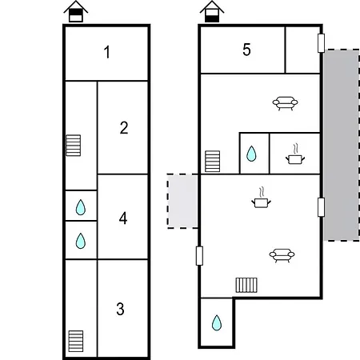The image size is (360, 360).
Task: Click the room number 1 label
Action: click(x=106, y=54)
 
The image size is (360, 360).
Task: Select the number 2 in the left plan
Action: click(x=124, y=127)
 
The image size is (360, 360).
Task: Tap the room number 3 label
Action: click(x=121, y=309)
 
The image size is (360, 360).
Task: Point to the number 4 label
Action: click(x=123, y=218)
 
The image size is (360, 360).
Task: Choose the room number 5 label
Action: click(x=246, y=50)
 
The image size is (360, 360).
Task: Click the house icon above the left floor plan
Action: click(x=76, y=12)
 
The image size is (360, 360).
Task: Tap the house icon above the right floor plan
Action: click(x=212, y=12)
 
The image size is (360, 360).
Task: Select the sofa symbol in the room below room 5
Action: click(x=284, y=102)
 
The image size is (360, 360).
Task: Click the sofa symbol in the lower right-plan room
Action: click(x=281, y=255)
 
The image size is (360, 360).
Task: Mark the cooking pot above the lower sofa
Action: click(x=261, y=199)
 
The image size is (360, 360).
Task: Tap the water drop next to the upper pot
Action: click(x=252, y=154)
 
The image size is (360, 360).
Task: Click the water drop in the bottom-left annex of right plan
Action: click(x=217, y=322)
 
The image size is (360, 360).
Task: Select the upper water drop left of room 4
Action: click(x=80, y=208)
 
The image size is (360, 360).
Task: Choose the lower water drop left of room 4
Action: click(x=80, y=241)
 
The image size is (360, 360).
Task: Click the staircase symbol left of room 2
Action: click(x=74, y=146)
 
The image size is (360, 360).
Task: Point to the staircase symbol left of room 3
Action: click(x=76, y=340)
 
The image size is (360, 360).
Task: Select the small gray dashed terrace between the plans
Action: click(x=182, y=201)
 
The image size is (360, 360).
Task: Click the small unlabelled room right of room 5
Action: click(x=303, y=50)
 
